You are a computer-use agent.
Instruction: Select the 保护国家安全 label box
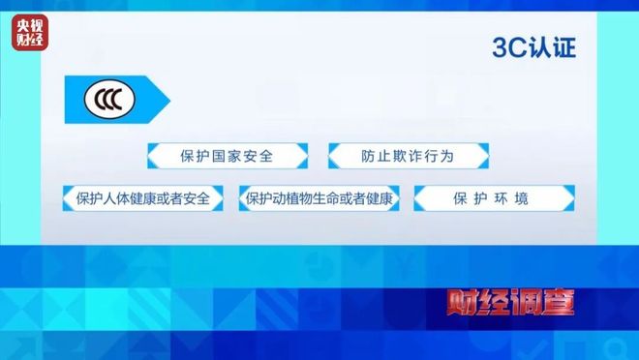point(228,156)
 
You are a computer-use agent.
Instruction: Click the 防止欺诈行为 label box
point(408,156)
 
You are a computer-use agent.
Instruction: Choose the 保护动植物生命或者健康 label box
point(319,199)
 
